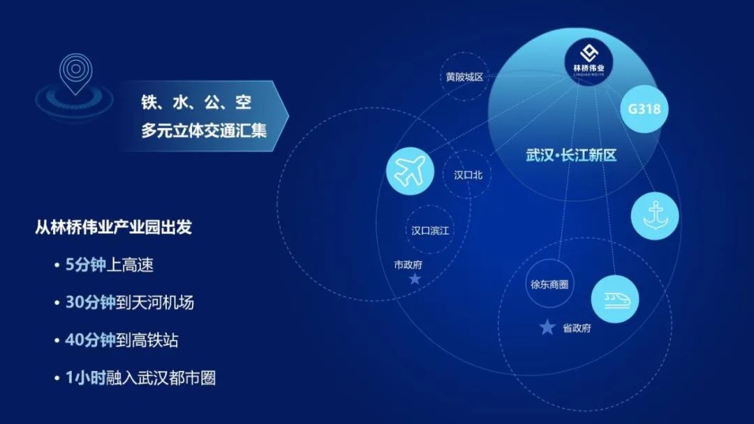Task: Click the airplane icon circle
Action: [x=410, y=171]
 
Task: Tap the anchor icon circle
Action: [x=655, y=216]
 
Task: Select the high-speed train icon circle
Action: [x=615, y=300]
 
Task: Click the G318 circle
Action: [x=644, y=109]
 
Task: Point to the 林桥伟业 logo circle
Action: [x=589, y=62]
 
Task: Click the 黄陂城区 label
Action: [x=464, y=77]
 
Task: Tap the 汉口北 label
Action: [x=468, y=175]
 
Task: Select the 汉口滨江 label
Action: [x=430, y=231]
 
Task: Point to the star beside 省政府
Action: [x=547, y=328]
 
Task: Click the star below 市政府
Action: [x=415, y=279]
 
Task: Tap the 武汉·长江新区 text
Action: [x=571, y=156]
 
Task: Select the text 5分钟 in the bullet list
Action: [x=85, y=265]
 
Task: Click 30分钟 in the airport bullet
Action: [x=90, y=302]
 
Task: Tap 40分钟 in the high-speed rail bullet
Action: [x=90, y=340]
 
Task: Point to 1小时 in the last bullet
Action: [x=85, y=378]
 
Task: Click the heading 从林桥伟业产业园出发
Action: [x=114, y=227]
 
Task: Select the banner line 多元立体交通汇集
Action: [x=203, y=131]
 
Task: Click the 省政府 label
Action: [x=577, y=328]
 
